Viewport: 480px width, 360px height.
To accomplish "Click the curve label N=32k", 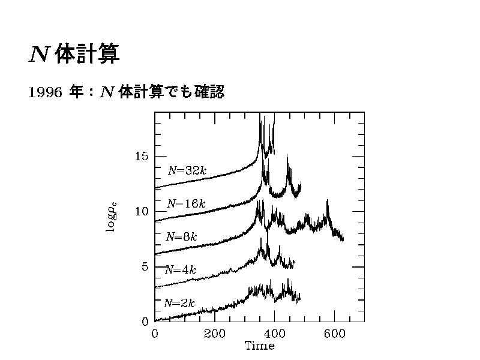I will pyautogui.click(x=187, y=170).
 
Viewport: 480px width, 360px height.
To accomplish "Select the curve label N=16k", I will pyautogui.click(x=186, y=204).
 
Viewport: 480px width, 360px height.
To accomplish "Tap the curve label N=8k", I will pyautogui.click(x=181, y=236).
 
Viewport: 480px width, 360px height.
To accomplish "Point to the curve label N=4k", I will pyautogui.click(x=181, y=270).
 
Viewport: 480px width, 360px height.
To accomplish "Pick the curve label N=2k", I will pyautogui.click(x=179, y=304).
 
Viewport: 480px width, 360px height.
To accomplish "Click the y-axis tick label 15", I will pyautogui.click(x=142, y=157).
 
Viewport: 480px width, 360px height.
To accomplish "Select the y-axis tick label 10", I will pyautogui.click(x=142, y=212).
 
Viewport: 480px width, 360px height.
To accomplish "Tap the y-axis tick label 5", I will pyautogui.click(x=145, y=267).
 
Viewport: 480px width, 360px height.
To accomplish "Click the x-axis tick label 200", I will pyautogui.click(x=215, y=334).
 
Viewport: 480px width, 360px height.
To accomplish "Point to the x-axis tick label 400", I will pyautogui.click(x=275, y=334).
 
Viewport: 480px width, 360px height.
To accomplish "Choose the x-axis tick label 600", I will pyautogui.click(x=335, y=334).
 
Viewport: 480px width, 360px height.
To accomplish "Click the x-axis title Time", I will pyautogui.click(x=259, y=346).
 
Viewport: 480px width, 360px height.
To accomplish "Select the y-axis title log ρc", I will pyautogui.click(x=112, y=217).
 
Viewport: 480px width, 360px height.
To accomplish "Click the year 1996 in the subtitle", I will pyautogui.click(x=46, y=93).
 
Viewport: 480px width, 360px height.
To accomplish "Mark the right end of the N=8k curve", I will pyautogui.click(x=343, y=240).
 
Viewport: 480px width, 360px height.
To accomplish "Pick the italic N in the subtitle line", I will pyautogui.click(x=107, y=93).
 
